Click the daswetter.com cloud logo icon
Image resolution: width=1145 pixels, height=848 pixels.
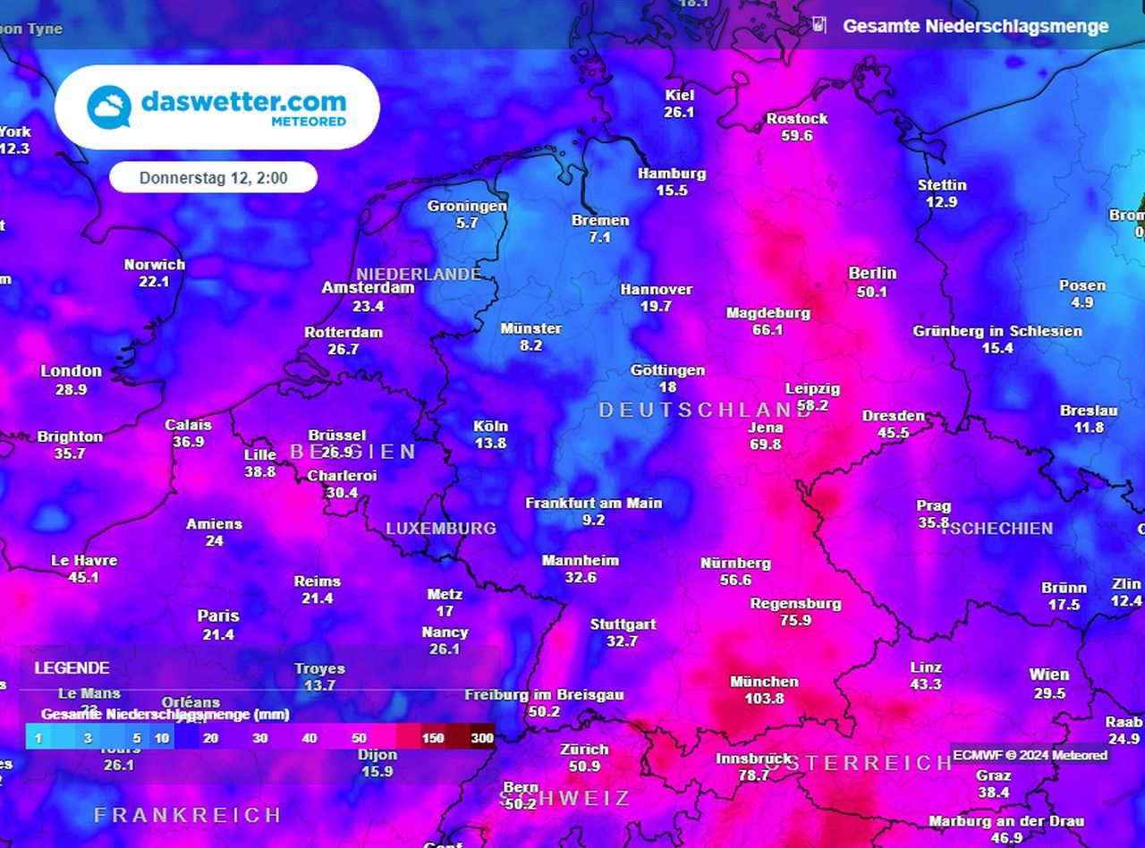(x=109, y=106)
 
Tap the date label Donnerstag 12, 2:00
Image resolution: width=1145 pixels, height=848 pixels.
(x=213, y=178)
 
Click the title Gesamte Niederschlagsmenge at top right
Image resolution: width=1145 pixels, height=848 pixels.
(x=975, y=26)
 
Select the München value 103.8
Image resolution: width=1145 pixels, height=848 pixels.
(x=764, y=699)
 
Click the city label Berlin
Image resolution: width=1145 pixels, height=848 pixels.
(x=872, y=274)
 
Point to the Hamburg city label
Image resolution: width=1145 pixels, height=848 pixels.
(x=672, y=174)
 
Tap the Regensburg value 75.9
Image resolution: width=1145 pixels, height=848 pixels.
(x=795, y=620)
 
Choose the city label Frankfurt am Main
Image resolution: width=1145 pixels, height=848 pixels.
(x=593, y=503)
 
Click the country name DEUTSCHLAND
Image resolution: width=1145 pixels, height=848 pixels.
(x=705, y=410)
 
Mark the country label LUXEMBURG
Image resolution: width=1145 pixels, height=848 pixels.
(x=441, y=529)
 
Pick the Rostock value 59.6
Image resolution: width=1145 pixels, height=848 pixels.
(x=796, y=135)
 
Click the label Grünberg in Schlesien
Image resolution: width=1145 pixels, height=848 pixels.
(x=997, y=331)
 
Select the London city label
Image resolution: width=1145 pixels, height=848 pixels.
(x=72, y=371)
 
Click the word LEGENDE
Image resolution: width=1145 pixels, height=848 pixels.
(x=72, y=668)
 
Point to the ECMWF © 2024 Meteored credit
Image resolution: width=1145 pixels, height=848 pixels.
(x=1030, y=755)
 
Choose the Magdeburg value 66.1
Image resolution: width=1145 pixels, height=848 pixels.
(x=768, y=329)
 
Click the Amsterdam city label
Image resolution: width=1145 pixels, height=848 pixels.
(x=368, y=288)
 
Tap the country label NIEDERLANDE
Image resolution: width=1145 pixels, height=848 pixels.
(x=419, y=274)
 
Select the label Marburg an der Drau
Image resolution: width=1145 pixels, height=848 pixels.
(x=1006, y=821)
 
